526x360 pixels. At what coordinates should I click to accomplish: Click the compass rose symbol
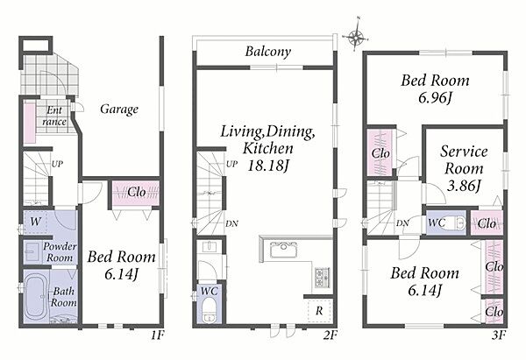click(356, 36)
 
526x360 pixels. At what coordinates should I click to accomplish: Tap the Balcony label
click(267, 52)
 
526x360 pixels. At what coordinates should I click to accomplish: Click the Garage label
click(119, 109)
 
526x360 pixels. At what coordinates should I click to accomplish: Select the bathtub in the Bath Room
click(35, 296)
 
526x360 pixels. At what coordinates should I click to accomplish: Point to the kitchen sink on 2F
click(283, 250)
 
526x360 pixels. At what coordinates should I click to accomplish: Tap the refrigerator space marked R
click(319, 311)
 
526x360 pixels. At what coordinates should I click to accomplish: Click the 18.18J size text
click(267, 166)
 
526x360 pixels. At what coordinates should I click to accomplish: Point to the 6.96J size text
click(435, 98)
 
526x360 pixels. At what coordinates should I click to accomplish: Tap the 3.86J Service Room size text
click(464, 186)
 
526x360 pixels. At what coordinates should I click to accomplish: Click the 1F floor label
click(157, 335)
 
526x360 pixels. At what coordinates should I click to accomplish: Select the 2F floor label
click(330, 335)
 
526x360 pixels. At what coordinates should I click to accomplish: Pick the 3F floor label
click(499, 335)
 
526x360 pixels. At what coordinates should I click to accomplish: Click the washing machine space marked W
click(35, 222)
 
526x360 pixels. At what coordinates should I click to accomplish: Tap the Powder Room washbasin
click(32, 251)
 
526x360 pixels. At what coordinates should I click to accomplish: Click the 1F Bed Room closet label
click(137, 193)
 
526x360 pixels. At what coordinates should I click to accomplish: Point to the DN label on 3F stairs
click(402, 222)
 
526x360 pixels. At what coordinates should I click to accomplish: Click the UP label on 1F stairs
click(57, 165)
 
